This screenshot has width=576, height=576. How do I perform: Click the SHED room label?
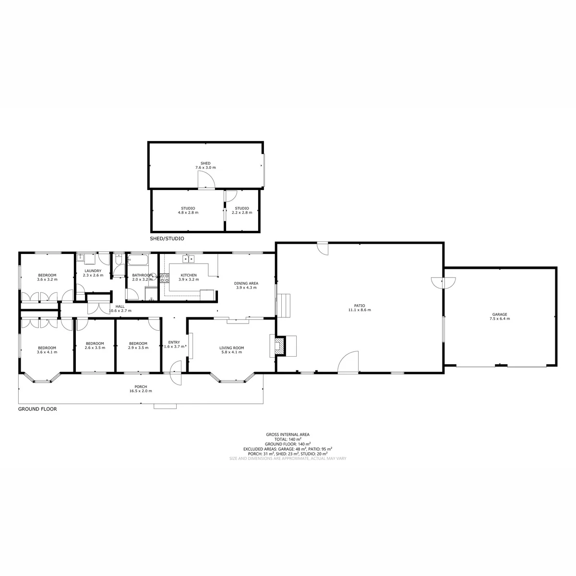(x=205, y=163)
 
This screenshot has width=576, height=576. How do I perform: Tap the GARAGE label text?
(x=500, y=314)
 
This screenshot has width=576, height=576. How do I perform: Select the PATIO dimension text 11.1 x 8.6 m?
(x=360, y=310)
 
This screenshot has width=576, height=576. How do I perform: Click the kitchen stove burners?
(x=165, y=278)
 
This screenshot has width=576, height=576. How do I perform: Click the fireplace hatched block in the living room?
(x=280, y=346)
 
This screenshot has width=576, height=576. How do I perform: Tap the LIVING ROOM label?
(x=232, y=348)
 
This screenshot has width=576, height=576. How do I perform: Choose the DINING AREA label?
(x=246, y=283)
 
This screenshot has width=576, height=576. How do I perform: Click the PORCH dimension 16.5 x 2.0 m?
(x=141, y=391)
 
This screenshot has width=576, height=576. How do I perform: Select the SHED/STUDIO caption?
(x=167, y=239)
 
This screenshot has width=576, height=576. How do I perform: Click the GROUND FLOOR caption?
(x=37, y=409)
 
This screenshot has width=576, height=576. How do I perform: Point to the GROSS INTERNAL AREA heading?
(x=288, y=434)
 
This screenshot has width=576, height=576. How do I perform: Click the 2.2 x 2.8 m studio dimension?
(x=242, y=213)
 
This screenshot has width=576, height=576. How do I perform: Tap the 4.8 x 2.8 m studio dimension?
(x=188, y=213)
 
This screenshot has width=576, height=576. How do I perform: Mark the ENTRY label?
(x=174, y=342)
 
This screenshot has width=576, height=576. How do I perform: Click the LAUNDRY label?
(x=93, y=271)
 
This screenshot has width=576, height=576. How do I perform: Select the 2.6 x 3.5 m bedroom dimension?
(x=95, y=348)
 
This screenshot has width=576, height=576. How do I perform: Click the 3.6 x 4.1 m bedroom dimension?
(x=47, y=352)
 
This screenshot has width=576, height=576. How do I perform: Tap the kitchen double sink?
(x=189, y=259)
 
